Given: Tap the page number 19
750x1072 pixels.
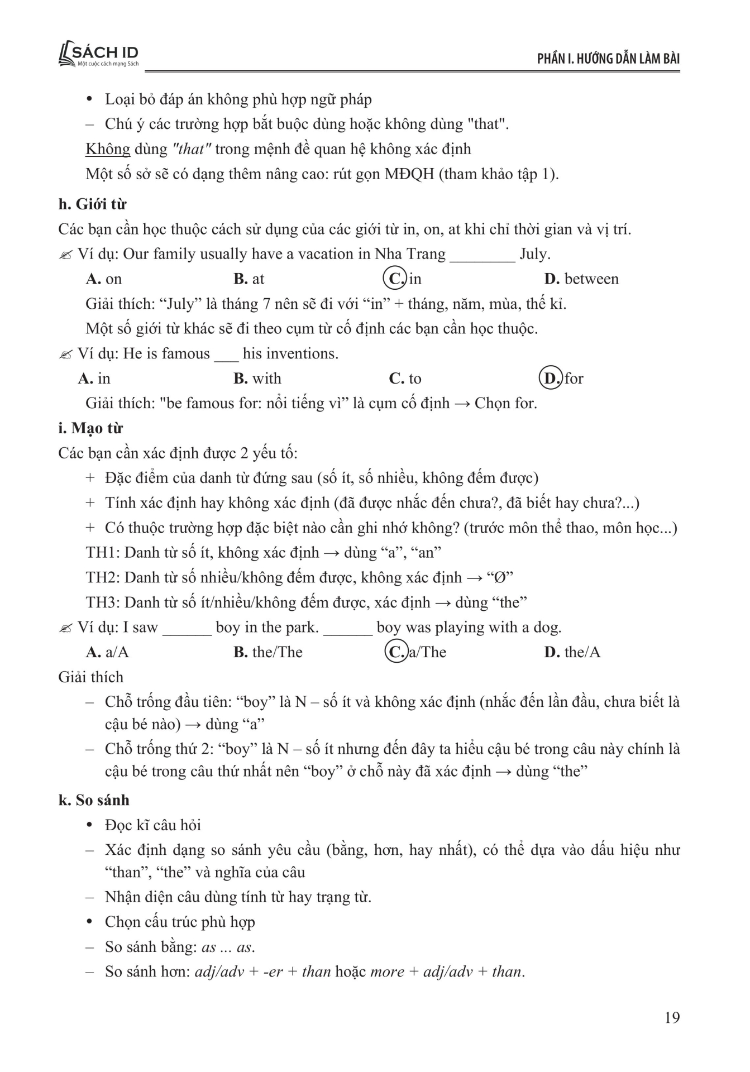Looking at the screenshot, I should (672, 1017).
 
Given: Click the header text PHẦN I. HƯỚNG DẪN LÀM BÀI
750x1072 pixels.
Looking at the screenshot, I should (608, 59).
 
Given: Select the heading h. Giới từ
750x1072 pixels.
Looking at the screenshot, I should (92, 204).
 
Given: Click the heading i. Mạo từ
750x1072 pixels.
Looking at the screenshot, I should (90, 428).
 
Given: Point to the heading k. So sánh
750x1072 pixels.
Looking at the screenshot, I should (93, 800).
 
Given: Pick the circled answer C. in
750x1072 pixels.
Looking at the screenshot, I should (403, 279).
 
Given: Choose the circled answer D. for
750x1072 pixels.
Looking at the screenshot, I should (561, 379).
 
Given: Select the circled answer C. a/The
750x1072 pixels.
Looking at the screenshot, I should (416, 652).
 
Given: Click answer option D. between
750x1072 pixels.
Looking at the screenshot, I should (581, 279).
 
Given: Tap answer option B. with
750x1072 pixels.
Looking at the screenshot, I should (257, 379).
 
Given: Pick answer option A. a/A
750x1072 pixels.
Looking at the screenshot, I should (107, 652).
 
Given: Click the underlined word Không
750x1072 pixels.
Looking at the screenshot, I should (108, 149).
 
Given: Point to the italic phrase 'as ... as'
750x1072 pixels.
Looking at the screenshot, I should (227, 947).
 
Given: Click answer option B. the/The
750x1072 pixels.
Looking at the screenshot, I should (268, 652).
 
